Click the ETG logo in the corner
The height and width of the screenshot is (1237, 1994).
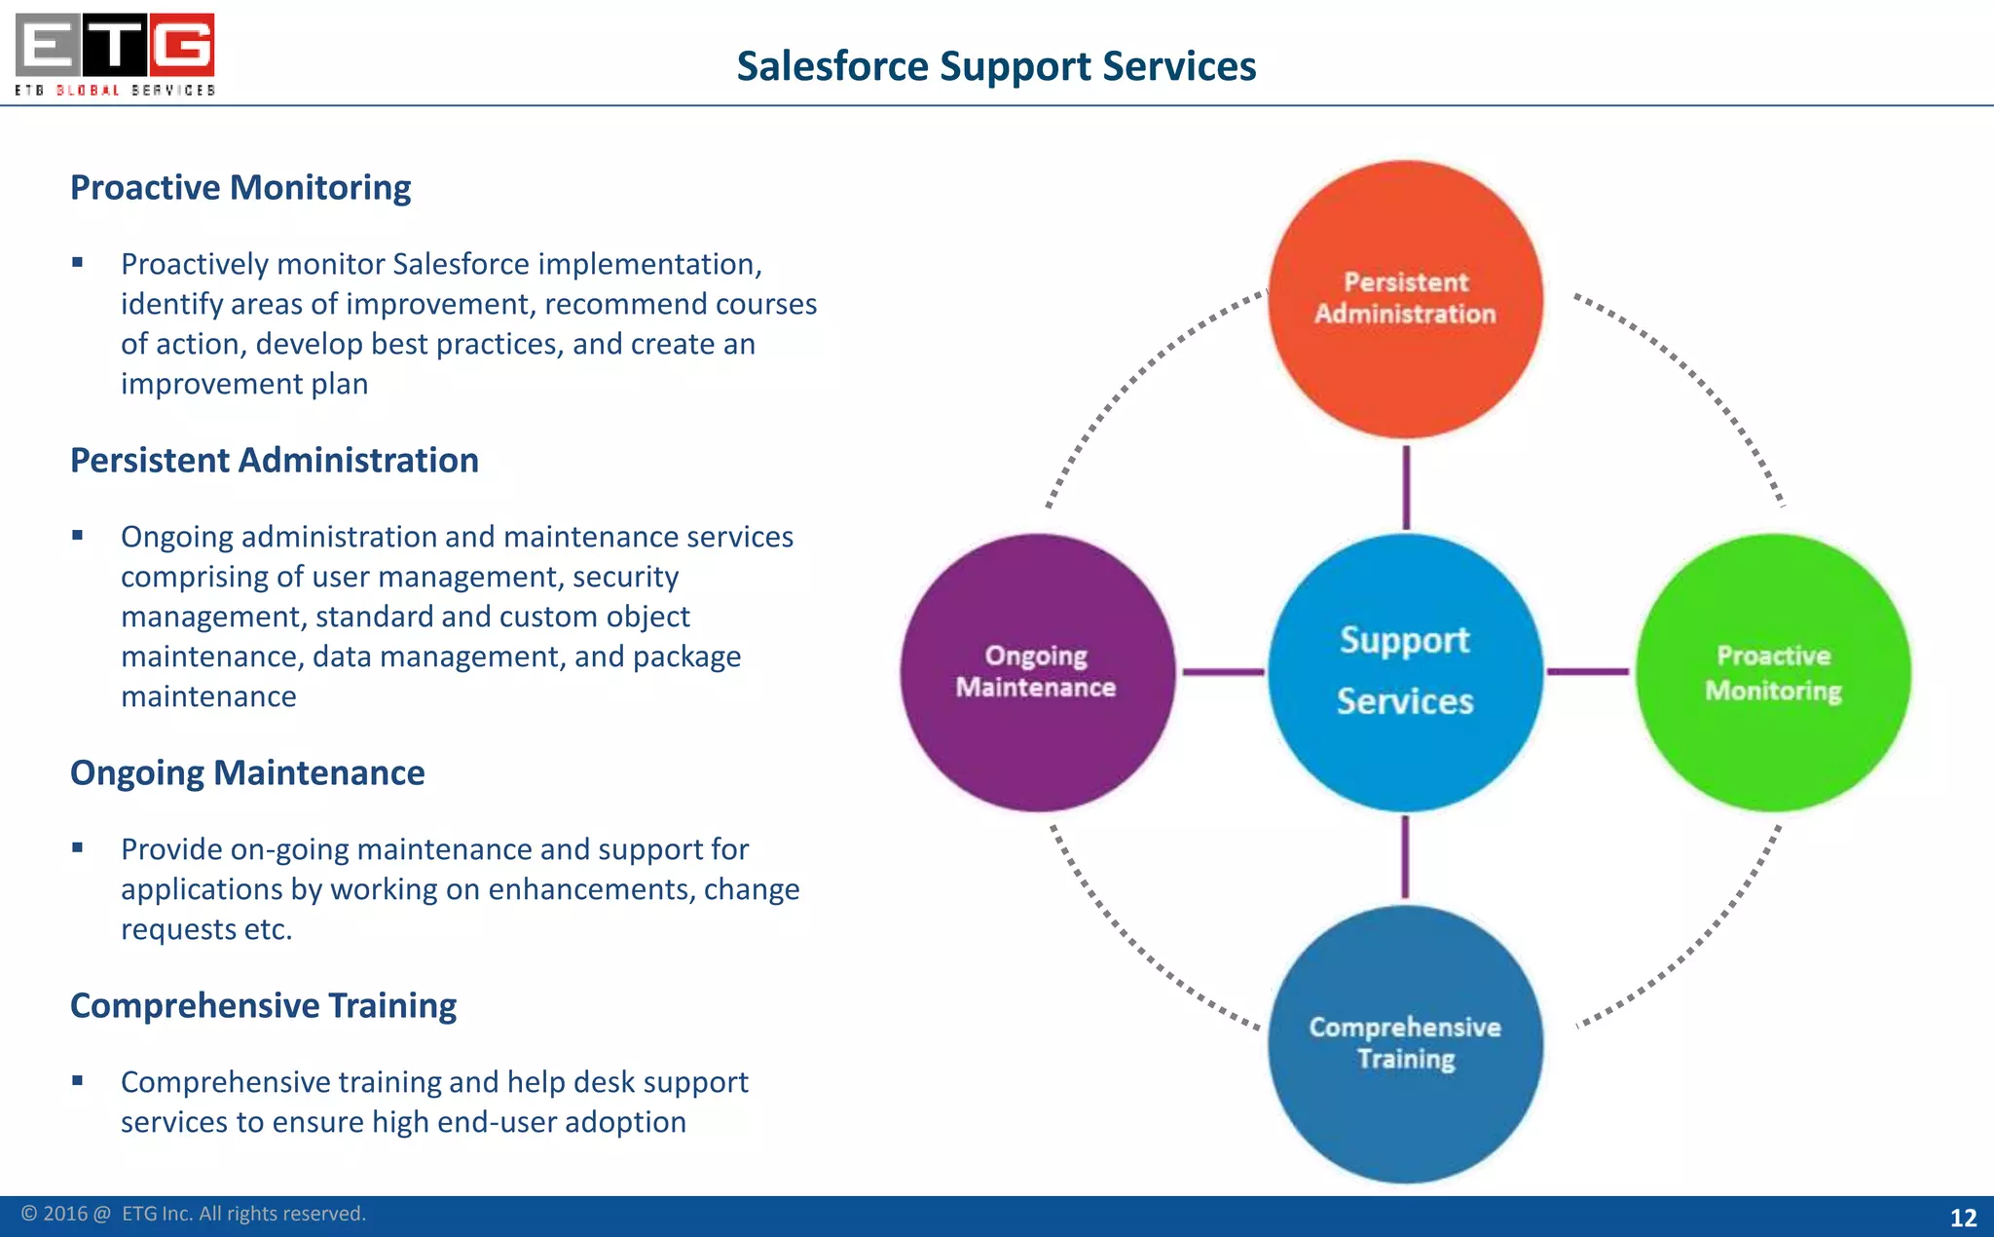point(115,54)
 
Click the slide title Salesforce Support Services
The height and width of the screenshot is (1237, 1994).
point(996,66)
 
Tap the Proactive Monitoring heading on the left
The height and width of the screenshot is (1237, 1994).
point(240,187)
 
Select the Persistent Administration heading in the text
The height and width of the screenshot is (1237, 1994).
point(275,460)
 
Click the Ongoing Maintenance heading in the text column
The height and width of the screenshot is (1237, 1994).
point(247,772)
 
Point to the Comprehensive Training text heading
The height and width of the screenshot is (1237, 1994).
point(263,1005)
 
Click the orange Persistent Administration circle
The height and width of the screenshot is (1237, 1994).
point(1405,299)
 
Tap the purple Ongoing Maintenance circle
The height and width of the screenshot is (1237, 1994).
point(1037,672)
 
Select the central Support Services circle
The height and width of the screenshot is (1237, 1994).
point(1405,672)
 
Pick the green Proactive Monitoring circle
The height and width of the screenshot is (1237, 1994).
point(1773,672)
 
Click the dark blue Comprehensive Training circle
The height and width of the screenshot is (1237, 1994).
point(1405,1044)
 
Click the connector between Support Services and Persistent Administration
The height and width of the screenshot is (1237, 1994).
point(1406,487)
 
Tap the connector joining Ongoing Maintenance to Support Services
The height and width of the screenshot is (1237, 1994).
point(1223,672)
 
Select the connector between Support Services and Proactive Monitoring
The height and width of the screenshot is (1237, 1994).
point(1588,671)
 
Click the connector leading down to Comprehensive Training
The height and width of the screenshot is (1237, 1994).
point(1405,857)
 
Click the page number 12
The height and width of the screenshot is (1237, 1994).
point(1963,1218)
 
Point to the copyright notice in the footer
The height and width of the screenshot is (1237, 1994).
point(194,1214)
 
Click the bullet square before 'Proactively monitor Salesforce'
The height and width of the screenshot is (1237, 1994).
point(78,262)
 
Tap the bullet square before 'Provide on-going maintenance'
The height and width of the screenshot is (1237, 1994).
point(78,847)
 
